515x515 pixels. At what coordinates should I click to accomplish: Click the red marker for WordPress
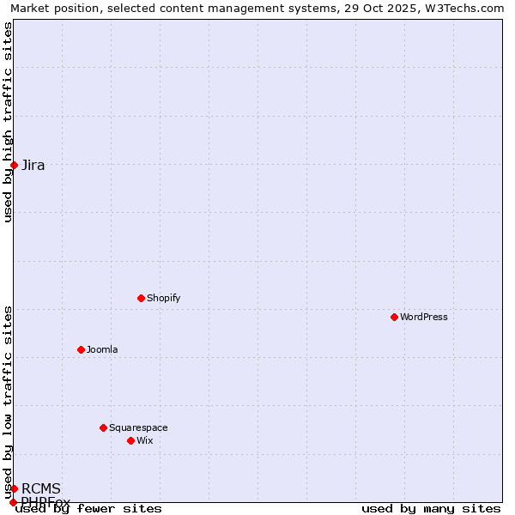(x=394, y=317)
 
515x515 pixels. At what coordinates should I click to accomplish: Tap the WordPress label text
(x=423, y=317)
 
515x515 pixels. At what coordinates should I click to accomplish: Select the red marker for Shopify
(x=141, y=298)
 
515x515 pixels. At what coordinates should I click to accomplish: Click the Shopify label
(x=163, y=298)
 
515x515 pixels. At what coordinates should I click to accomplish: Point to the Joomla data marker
(x=81, y=349)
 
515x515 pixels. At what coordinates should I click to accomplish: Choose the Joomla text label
(x=102, y=349)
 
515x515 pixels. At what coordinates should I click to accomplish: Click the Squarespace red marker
(x=103, y=427)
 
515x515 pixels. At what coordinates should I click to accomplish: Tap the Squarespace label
(x=138, y=427)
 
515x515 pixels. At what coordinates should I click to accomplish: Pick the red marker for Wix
(x=130, y=440)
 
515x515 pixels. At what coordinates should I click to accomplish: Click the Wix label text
(x=144, y=440)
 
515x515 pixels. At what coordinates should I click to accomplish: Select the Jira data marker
(x=14, y=165)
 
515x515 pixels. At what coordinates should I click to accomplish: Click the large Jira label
(x=33, y=165)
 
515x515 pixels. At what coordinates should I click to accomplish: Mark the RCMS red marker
(x=14, y=488)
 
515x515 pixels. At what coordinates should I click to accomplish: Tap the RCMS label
(x=41, y=488)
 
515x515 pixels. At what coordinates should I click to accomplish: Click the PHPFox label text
(x=45, y=501)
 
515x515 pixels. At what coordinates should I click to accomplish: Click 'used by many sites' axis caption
(x=431, y=509)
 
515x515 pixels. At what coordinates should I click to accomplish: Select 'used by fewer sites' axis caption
(x=88, y=509)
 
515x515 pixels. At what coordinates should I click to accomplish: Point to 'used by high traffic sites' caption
(x=8, y=122)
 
